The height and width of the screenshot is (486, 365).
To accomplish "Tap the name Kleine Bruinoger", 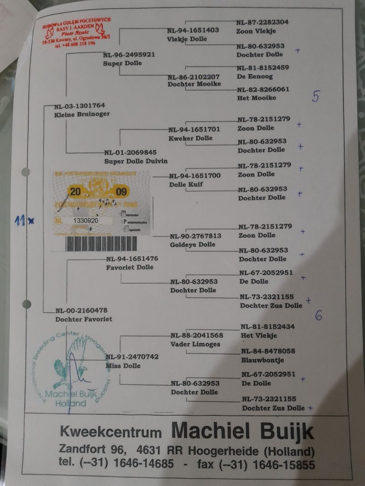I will [82, 114].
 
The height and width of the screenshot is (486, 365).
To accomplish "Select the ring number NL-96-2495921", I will [129, 54].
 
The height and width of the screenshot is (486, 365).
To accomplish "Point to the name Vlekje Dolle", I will [187, 39].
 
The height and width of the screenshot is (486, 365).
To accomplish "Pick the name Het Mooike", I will [256, 98].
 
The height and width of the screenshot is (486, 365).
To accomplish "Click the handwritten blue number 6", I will [318, 315].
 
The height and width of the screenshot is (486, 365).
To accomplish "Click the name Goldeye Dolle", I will [193, 245].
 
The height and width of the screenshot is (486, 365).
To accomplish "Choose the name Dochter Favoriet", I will [83, 319].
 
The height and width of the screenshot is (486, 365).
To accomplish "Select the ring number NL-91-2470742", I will [132, 357].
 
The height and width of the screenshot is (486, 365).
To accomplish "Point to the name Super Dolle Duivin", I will [136, 161].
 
